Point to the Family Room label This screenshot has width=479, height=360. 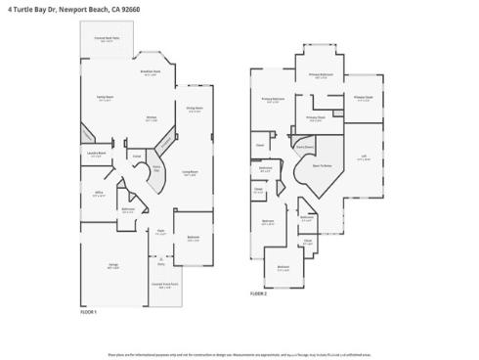(x=105, y=98)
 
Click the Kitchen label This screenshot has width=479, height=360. (x=152, y=118)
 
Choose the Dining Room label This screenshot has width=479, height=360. (x=195, y=109)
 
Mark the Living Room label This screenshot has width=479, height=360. (x=191, y=173)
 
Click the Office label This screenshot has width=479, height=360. (x=96, y=194)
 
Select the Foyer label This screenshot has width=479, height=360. (x=160, y=232)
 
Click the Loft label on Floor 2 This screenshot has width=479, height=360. (x=363, y=157)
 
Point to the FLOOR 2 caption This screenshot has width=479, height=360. (x=258, y=293)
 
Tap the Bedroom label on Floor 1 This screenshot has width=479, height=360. (x=194, y=239)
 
